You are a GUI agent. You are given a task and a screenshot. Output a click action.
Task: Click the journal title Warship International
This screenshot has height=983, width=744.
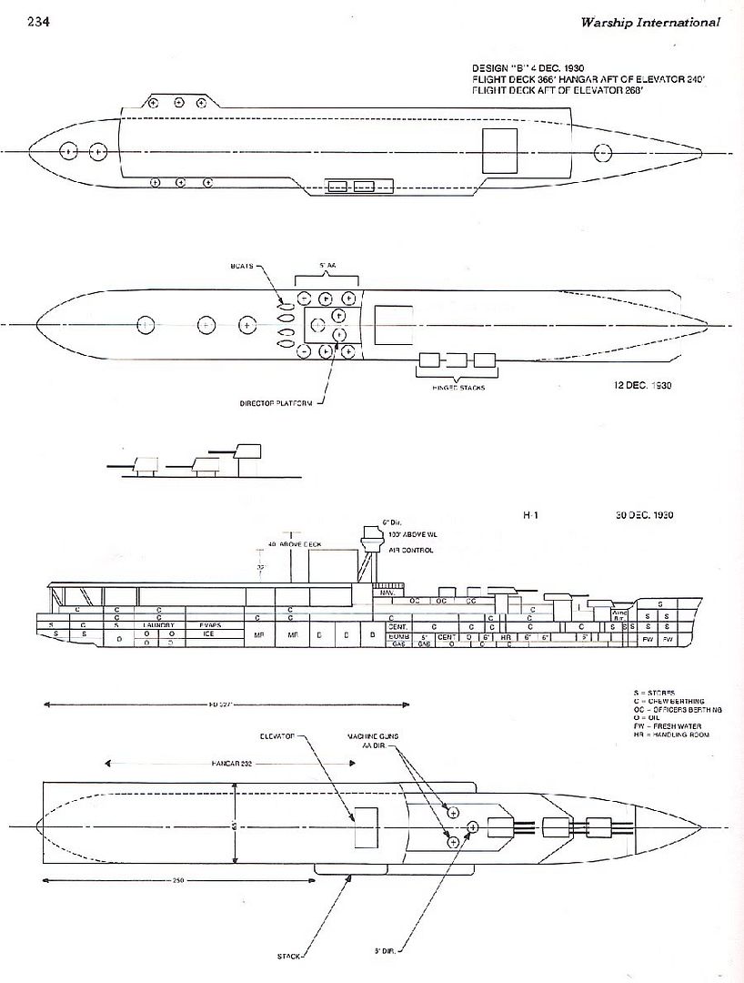650,22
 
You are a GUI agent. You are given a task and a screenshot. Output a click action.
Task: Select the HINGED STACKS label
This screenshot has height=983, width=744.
458,388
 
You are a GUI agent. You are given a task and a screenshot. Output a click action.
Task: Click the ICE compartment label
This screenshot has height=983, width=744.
208,633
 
